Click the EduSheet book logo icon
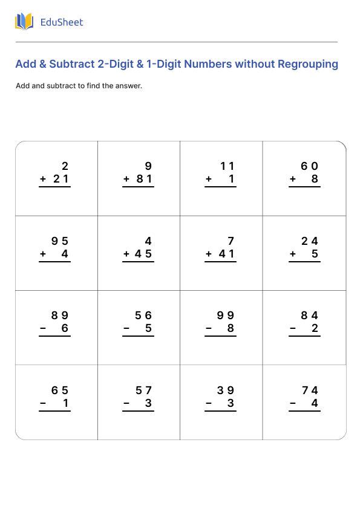[x=24, y=22]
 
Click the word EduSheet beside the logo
[x=61, y=22]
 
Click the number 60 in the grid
[x=310, y=166]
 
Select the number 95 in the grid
[x=60, y=241]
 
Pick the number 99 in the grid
[x=226, y=316]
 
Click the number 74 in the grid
[x=310, y=391]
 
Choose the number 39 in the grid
[x=226, y=391]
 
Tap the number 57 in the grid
[x=143, y=391]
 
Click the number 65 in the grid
[x=60, y=391]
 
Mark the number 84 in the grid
[x=310, y=316]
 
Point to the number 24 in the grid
[x=310, y=241]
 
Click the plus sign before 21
[x=43, y=180]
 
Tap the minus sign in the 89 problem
[x=43, y=329]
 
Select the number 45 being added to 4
[x=143, y=254]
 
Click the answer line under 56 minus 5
[x=138, y=337]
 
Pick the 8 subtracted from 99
[x=231, y=329]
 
